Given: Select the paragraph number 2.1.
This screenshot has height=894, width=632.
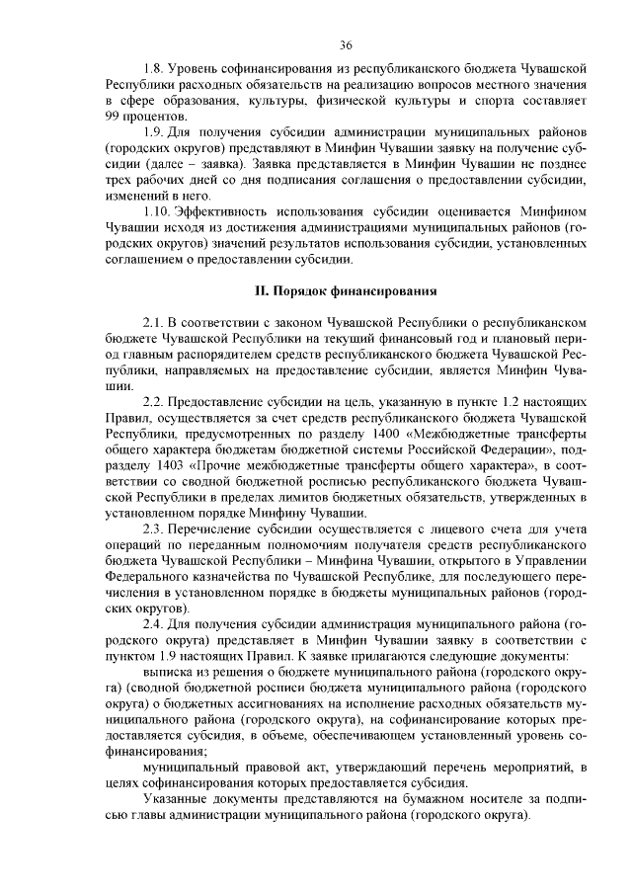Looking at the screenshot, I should tap(154, 323).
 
